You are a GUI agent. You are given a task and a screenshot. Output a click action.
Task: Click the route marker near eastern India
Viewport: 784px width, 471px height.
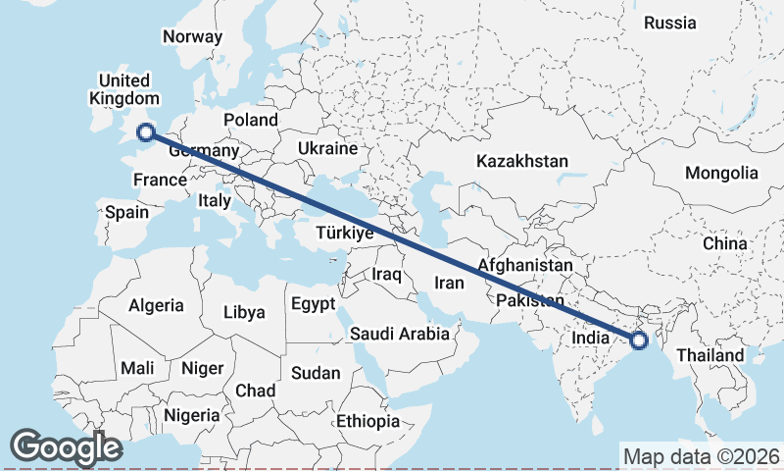pos(639,340)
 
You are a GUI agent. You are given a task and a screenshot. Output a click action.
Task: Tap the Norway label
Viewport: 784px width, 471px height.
pos(193,36)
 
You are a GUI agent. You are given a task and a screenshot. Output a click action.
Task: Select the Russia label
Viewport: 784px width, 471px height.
pos(670,23)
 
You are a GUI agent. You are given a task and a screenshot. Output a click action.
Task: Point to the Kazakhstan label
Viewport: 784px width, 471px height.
pos(522,160)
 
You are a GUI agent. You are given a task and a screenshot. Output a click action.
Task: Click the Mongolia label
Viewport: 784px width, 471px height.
pos(721,173)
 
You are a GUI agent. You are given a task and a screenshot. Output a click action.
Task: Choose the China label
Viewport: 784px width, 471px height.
pos(724,242)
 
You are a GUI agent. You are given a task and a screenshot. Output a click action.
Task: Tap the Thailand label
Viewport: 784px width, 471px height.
pos(710,354)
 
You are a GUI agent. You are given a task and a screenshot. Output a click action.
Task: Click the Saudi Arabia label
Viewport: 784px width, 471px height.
pos(400,334)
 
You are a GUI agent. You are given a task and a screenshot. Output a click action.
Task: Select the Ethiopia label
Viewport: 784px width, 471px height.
pos(367,421)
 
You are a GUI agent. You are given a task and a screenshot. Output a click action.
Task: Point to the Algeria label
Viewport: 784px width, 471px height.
pos(156,305)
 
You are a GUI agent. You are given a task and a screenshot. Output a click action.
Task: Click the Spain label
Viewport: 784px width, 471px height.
pos(126,212)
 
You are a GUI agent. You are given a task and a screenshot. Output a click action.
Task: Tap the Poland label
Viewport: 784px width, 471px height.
pos(251,120)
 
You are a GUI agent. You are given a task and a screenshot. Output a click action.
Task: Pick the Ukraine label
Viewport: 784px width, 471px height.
pos(327,148)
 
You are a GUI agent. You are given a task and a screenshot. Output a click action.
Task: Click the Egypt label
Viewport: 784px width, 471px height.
pos(313,303)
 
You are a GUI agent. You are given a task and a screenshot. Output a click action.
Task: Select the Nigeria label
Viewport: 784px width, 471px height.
pos(191,415)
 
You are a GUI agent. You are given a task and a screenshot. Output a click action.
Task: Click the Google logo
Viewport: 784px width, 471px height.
pos(66,447)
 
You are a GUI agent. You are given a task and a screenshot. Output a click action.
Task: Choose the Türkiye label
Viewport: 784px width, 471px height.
pos(344,233)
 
